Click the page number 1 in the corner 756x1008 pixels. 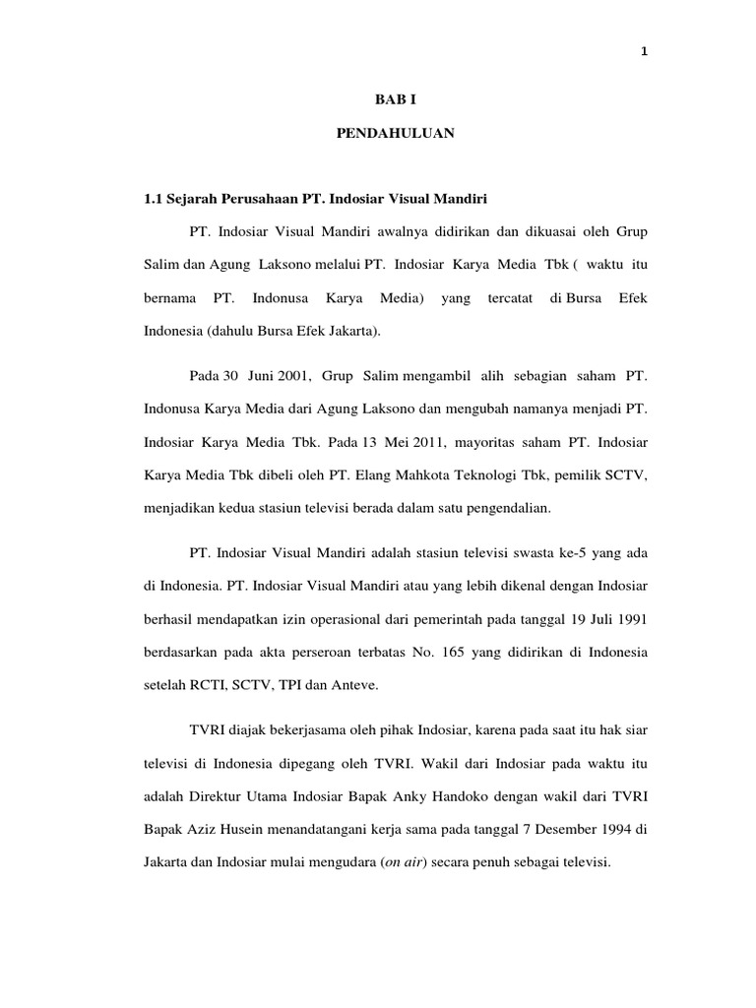(643, 53)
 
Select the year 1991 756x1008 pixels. (629, 621)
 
